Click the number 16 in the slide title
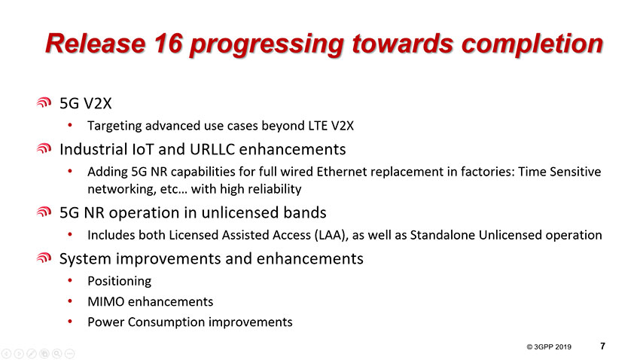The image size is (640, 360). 168,43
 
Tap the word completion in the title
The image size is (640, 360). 532,44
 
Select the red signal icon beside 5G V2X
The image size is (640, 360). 44,102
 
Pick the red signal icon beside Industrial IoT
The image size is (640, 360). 44,148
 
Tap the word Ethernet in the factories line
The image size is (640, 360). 342,172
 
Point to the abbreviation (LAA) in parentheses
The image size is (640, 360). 331,236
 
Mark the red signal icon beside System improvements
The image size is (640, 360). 44,258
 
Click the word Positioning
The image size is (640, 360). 119,281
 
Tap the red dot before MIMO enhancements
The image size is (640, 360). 70,301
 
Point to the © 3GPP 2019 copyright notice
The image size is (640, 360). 549,347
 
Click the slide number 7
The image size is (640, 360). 603,346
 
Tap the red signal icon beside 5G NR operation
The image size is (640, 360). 44,212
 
